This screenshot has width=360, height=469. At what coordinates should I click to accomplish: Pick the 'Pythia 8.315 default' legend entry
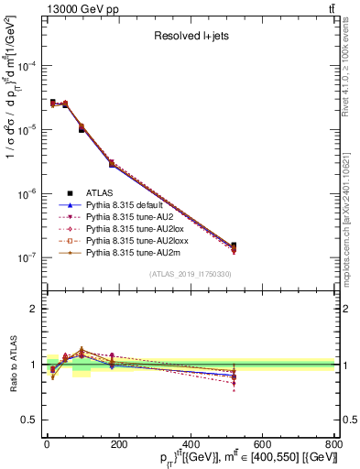(127, 206)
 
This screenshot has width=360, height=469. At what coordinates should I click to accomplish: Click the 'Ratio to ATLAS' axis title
(12, 365)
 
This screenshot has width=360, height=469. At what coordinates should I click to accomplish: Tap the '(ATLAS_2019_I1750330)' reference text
(191, 274)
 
